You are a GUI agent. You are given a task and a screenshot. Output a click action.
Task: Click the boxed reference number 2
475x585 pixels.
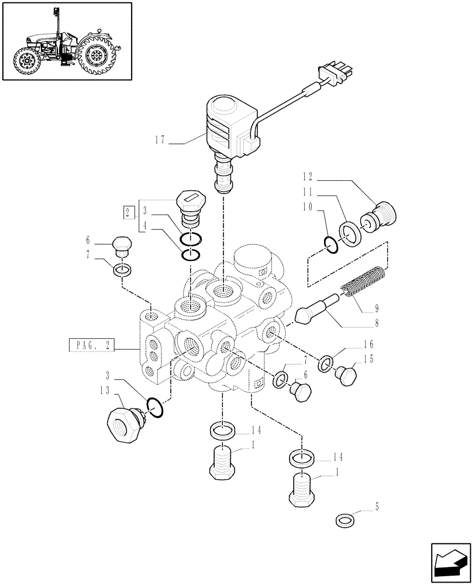click(127, 212)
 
